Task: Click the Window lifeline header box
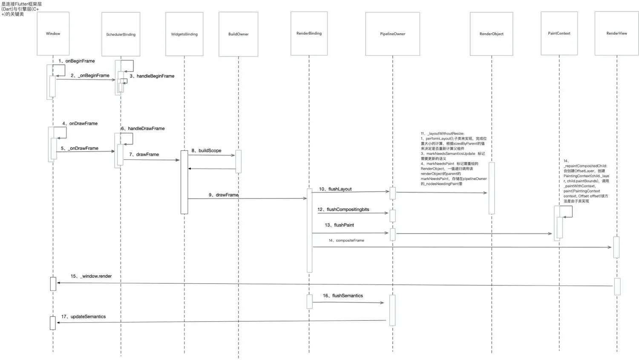coord(53,34)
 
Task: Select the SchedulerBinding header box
coord(121,34)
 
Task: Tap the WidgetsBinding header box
coord(184,34)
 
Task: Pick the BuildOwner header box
coord(238,34)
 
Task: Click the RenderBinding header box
coord(309,33)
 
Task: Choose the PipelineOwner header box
coord(392,34)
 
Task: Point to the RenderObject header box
coord(491,34)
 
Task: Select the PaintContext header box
coord(559,33)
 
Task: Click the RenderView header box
coord(616,33)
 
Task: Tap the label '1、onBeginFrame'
coord(77,61)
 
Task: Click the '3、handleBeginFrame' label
coord(152,76)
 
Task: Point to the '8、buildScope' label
coord(206,150)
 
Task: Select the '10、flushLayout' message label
coord(335,189)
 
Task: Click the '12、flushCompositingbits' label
coord(343,210)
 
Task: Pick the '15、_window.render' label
coord(91,276)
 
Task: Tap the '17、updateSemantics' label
coord(83,317)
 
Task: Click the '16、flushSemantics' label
coord(343,296)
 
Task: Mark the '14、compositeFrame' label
coord(346,240)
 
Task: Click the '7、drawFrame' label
coord(144,154)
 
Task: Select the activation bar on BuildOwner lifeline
coord(238,161)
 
